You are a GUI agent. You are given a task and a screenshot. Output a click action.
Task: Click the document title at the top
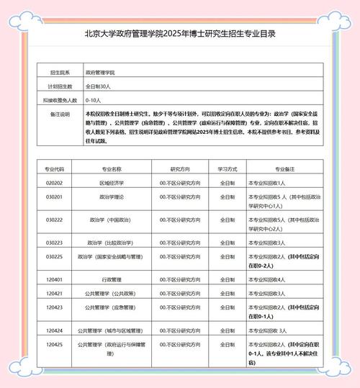click(180, 33)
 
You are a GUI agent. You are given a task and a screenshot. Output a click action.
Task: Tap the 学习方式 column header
click(228, 167)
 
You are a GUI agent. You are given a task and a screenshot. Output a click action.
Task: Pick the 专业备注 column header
click(284, 167)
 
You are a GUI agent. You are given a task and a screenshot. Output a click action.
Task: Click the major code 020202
click(55, 183)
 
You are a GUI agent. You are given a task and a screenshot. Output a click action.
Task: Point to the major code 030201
click(55, 197)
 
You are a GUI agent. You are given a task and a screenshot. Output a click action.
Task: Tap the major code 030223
click(55, 243)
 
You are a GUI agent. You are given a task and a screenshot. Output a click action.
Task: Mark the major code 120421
click(55, 293)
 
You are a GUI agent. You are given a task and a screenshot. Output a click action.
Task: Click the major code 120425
click(55, 345)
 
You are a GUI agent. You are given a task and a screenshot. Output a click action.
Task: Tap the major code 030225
click(55, 256)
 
